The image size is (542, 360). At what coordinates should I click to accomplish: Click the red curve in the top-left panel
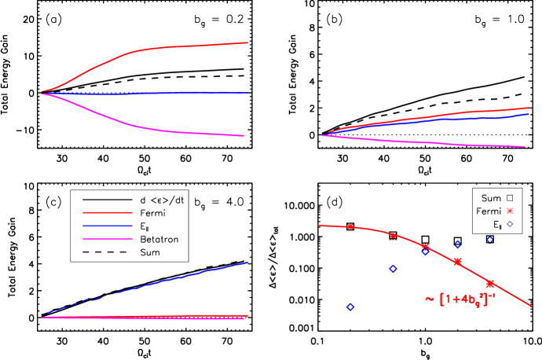(157, 48)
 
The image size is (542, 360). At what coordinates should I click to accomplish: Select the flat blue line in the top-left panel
(157, 93)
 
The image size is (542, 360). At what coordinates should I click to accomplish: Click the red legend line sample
(108, 212)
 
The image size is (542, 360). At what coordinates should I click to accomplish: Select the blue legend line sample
(108, 226)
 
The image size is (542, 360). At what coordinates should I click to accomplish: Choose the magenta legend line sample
(108, 239)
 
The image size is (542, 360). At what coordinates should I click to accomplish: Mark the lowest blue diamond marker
(350, 307)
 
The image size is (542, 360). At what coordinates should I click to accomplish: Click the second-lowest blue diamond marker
(393, 269)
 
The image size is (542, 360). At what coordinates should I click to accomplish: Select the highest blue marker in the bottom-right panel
(510, 224)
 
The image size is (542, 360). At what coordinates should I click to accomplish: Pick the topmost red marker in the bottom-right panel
(510, 211)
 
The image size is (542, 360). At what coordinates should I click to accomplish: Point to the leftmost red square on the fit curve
(350, 226)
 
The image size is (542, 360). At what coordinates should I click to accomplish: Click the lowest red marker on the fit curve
(490, 283)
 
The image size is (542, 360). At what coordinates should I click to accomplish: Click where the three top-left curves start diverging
(42, 93)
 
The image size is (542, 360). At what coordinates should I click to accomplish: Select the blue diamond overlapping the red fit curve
(425, 251)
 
